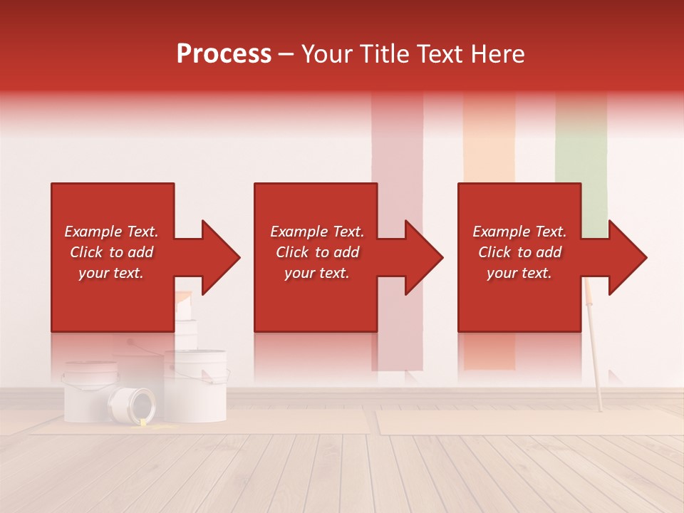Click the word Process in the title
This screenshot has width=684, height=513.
point(224,54)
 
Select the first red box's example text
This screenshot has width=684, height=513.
point(111,252)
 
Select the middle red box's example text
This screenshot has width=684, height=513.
point(316,252)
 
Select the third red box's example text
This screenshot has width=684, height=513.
point(519,252)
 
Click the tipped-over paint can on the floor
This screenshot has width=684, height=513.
point(133,405)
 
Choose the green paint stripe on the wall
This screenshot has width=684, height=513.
point(581,142)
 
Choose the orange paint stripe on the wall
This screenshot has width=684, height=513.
point(489,142)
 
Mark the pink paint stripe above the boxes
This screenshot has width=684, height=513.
point(397,142)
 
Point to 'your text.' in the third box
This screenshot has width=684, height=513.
point(519,273)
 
